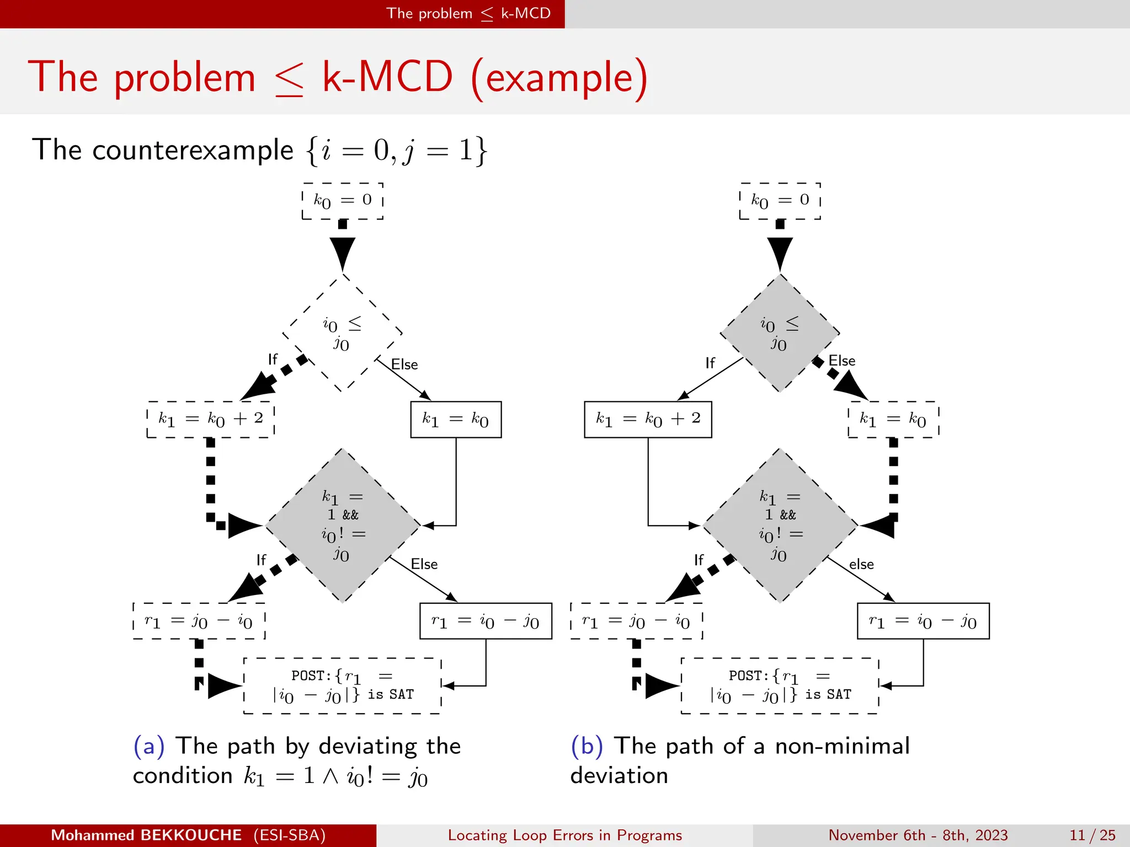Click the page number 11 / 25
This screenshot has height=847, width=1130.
[1092, 835]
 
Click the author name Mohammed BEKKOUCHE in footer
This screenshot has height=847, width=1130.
[146, 835]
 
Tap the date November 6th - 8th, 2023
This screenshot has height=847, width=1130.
[918, 835]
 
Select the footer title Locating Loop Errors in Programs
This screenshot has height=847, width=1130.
[565, 835]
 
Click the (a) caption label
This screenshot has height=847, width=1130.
[149, 746]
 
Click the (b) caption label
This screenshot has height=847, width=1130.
[587, 746]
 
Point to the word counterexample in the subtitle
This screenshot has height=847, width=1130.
[193, 150]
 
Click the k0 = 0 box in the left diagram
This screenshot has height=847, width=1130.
[343, 201]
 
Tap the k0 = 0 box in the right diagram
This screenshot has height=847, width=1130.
[780, 201]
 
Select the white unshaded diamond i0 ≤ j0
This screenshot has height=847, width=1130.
[342, 333]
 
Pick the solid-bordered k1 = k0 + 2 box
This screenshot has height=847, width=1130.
[648, 420]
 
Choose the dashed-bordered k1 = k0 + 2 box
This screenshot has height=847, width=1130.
[211, 420]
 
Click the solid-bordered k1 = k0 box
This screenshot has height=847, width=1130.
[456, 420]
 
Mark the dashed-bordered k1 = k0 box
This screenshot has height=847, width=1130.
[893, 420]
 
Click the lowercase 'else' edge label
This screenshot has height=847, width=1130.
[861, 565]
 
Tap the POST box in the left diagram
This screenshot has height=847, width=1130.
[343, 686]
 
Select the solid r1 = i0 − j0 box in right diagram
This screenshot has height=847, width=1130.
[923, 621]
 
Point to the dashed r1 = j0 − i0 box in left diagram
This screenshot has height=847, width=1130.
[199, 621]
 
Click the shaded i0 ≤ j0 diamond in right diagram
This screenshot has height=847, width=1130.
[780, 333]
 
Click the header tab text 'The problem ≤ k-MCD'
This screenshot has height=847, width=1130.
[468, 14]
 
